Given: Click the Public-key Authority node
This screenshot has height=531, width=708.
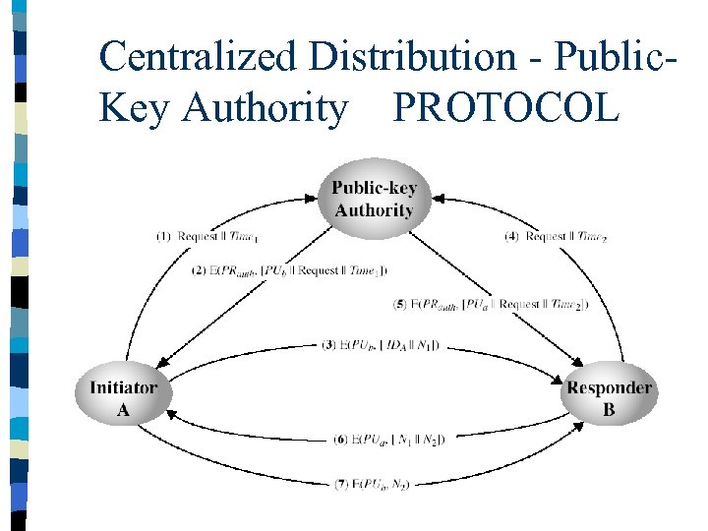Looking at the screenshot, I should (x=374, y=198).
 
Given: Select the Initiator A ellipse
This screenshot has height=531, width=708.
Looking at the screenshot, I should (x=123, y=397).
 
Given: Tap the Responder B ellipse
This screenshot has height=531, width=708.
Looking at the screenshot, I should (x=609, y=397).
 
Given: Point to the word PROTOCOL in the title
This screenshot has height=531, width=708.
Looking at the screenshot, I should (x=506, y=108).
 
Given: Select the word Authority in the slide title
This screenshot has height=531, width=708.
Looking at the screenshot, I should (x=265, y=108).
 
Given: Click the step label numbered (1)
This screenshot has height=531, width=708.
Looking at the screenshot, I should (x=207, y=236).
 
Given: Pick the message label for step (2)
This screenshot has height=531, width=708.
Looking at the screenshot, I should (x=290, y=270).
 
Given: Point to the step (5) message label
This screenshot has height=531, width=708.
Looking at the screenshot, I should (x=492, y=304).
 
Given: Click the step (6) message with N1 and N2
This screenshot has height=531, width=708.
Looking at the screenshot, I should (x=390, y=440).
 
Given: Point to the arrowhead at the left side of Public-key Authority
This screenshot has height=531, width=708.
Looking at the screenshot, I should (x=320, y=196).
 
